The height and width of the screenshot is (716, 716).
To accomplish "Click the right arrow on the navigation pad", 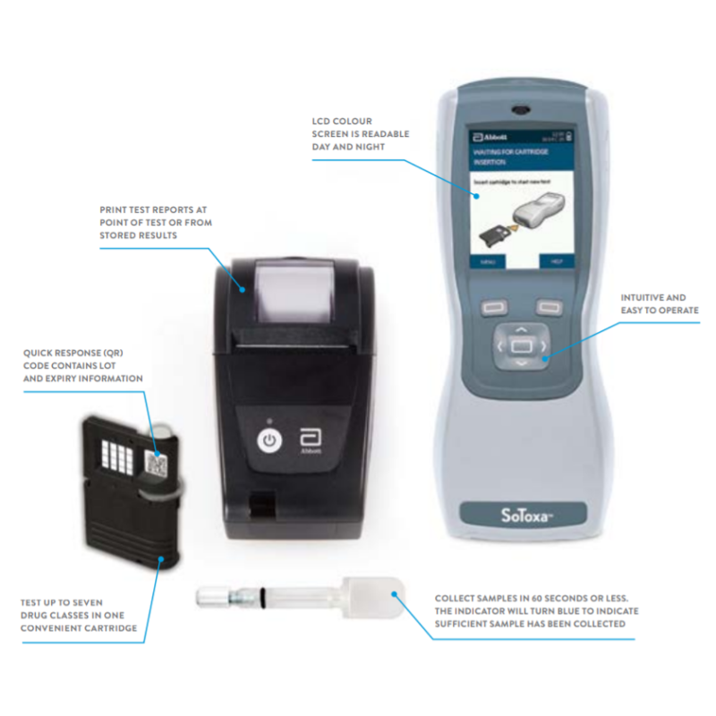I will [543, 345].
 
